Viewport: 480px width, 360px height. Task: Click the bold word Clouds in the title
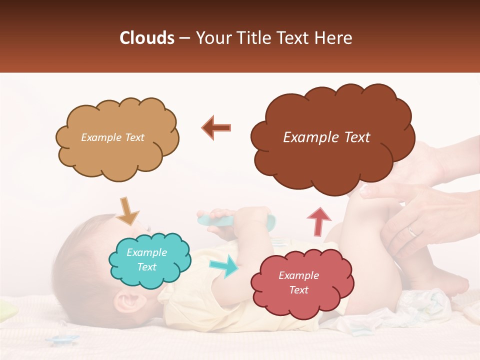point(146,38)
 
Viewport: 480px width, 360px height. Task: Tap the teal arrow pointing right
point(224,266)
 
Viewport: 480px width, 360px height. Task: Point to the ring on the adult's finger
point(411,231)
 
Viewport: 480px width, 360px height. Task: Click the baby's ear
point(125,302)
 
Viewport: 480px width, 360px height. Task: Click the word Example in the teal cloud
point(147,253)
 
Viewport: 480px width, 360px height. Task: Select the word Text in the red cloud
point(299,290)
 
